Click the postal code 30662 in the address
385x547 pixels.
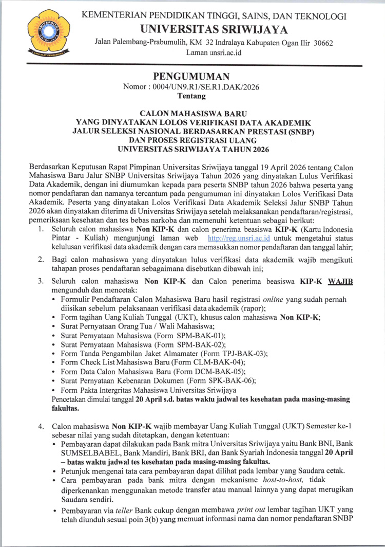point(322,43)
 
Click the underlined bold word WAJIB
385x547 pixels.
point(340,282)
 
